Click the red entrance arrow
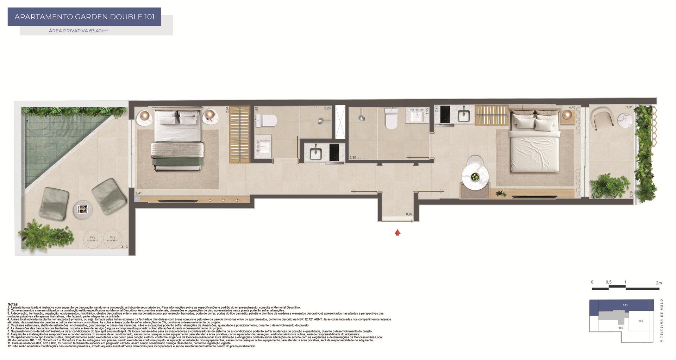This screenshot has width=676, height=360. pyautogui.click(x=398, y=232)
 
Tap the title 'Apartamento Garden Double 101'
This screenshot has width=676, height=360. pyautogui.click(x=84, y=17)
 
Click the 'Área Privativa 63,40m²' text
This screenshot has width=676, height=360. pyautogui.click(x=79, y=31)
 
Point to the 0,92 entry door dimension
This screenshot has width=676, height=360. pyautogui.click(x=409, y=214)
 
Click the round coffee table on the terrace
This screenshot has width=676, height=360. pyautogui.click(x=83, y=210)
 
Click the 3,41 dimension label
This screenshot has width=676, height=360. pyautogui.click(x=138, y=193)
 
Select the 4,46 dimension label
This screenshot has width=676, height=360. pyautogui.click(x=572, y=107)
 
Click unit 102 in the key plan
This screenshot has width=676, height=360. pyautogui.click(x=640, y=321)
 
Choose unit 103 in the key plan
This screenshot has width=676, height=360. pyautogui.click(x=621, y=328)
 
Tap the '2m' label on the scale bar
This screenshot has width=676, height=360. pyautogui.click(x=659, y=283)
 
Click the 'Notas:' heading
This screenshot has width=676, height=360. pyautogui.click(x=13, y=304)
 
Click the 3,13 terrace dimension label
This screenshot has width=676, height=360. pyautogui.click(x=124, y=247)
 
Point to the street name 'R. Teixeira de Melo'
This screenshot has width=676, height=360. pyautogui.click(x=662, y=321)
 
